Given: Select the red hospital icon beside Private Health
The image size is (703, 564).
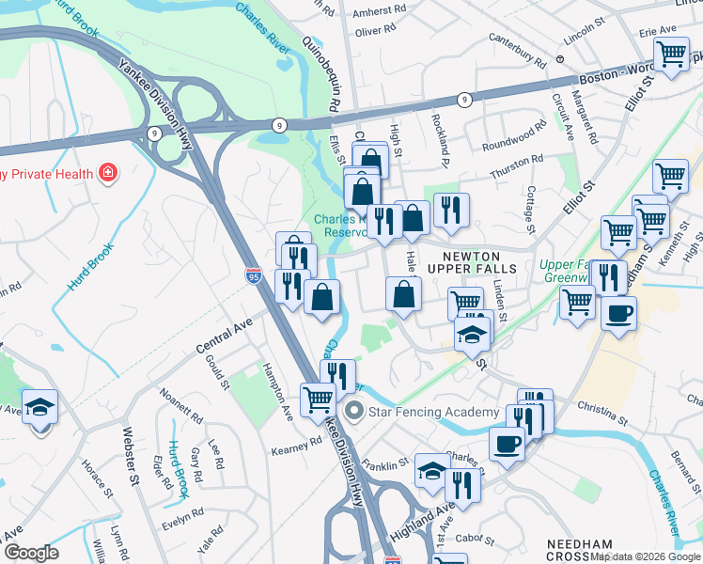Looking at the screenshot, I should point(109,173).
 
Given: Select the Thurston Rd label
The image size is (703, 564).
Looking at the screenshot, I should point(516,166).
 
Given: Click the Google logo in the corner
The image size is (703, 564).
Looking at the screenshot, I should point(30,553).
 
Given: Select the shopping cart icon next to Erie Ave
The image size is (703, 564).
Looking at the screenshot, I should point(671,54).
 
